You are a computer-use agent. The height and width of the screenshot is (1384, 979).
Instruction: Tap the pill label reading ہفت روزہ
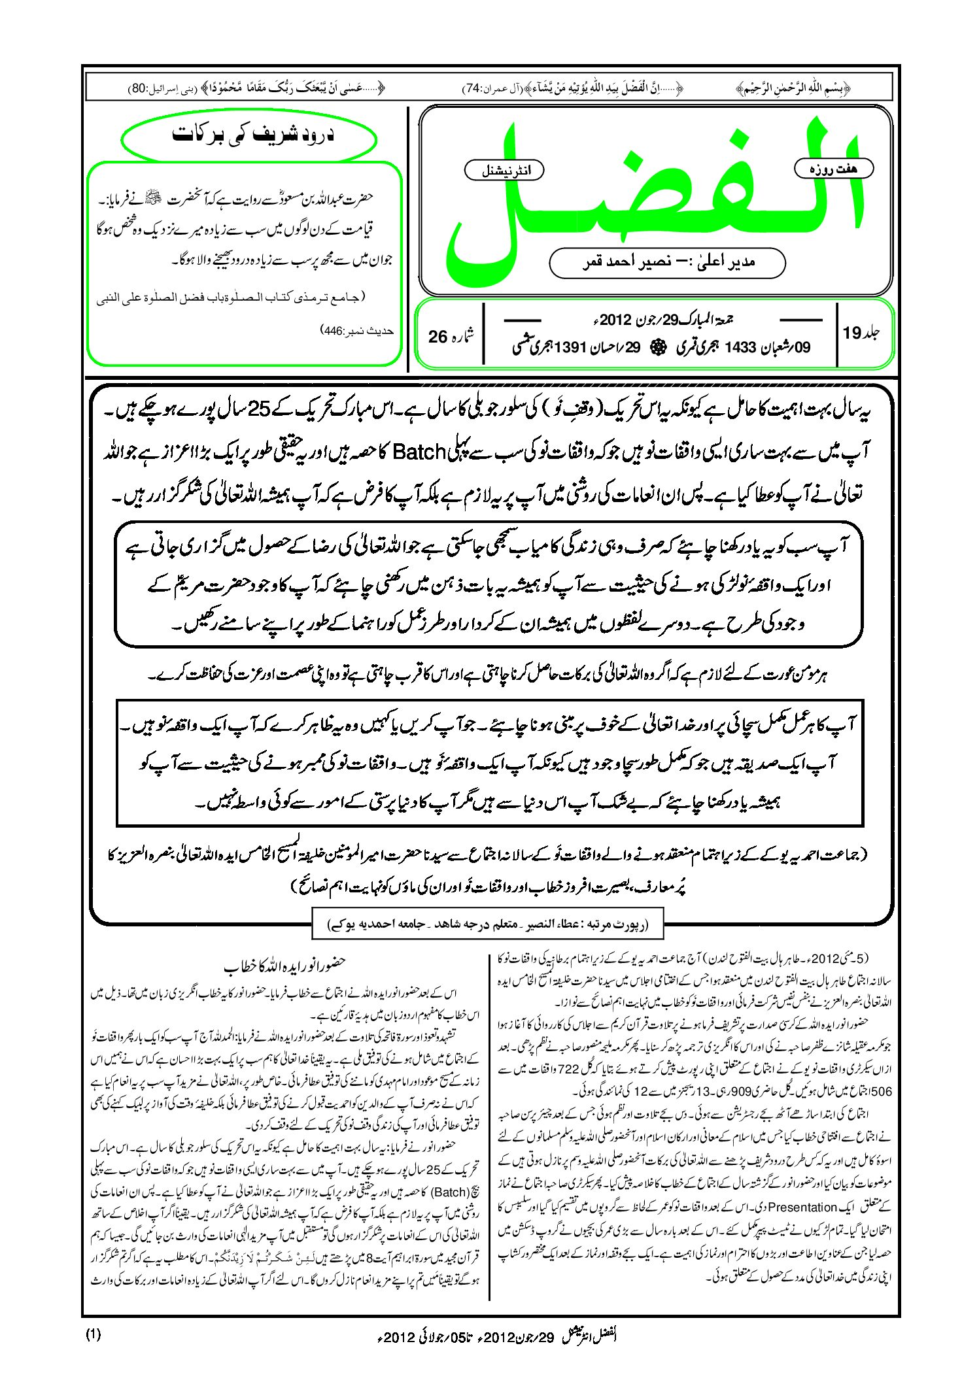pyautogui.click(x=833, y=169)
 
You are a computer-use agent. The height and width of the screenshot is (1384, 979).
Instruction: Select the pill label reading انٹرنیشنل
pyautogui.click(x=504, y=171)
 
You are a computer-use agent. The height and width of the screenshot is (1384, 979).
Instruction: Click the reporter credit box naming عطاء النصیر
pyautogui.click(x=488, y=925)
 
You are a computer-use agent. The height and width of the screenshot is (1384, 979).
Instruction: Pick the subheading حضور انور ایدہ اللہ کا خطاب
pyautogui.click(x=284, y=964)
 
